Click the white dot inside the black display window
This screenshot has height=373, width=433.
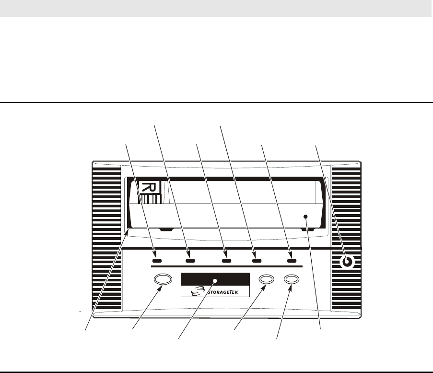pyautogui.click(x=216, y=279)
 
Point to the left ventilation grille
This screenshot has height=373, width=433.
pyautogui.click(x=106, y=240)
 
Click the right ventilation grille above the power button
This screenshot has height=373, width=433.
pyautogui.click(x=346, y=206)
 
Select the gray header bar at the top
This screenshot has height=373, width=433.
pyautogui.click(x=216, y=9)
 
